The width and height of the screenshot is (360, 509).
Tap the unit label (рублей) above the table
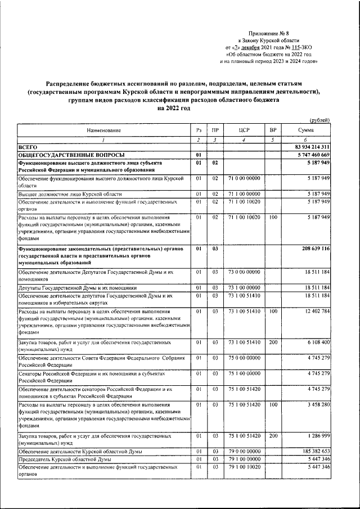coord(320,120)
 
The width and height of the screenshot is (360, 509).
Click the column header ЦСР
coord(244,130)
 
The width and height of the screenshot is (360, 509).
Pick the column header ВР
coord(272,130)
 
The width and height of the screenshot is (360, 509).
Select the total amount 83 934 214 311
coord(308,146)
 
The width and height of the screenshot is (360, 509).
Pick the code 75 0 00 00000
coord(244,358)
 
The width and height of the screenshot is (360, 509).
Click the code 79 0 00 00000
coord(244,452)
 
